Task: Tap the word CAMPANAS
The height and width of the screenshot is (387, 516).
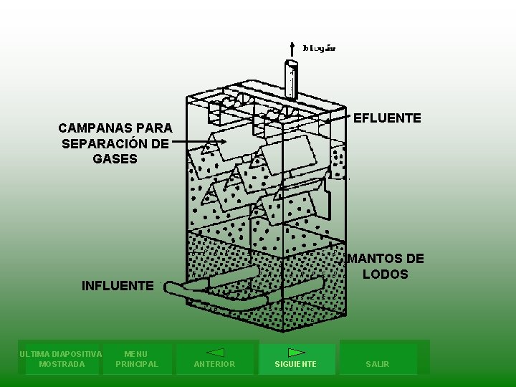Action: click(92, 128)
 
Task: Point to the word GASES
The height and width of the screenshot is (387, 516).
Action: click(115, 158)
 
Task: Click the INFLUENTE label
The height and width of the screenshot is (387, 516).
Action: click(118, 286)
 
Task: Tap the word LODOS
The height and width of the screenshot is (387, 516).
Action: click(385, 274)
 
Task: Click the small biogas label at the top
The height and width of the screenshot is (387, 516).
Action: click(319, 49)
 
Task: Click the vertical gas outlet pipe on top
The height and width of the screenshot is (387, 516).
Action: click(292, 79)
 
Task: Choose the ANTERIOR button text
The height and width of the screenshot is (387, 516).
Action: click(214, 364)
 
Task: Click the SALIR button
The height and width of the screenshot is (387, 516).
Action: click(377, 364)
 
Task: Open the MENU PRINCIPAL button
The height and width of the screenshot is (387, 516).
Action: click(136, 358)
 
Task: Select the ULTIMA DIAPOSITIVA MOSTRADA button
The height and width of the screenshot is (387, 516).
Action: click(61, 358)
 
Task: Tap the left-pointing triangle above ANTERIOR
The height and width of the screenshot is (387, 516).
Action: click(215, 353)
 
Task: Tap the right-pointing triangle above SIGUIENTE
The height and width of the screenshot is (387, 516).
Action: click(297, 353)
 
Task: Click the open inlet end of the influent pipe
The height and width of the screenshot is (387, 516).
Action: click(168, 288)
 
